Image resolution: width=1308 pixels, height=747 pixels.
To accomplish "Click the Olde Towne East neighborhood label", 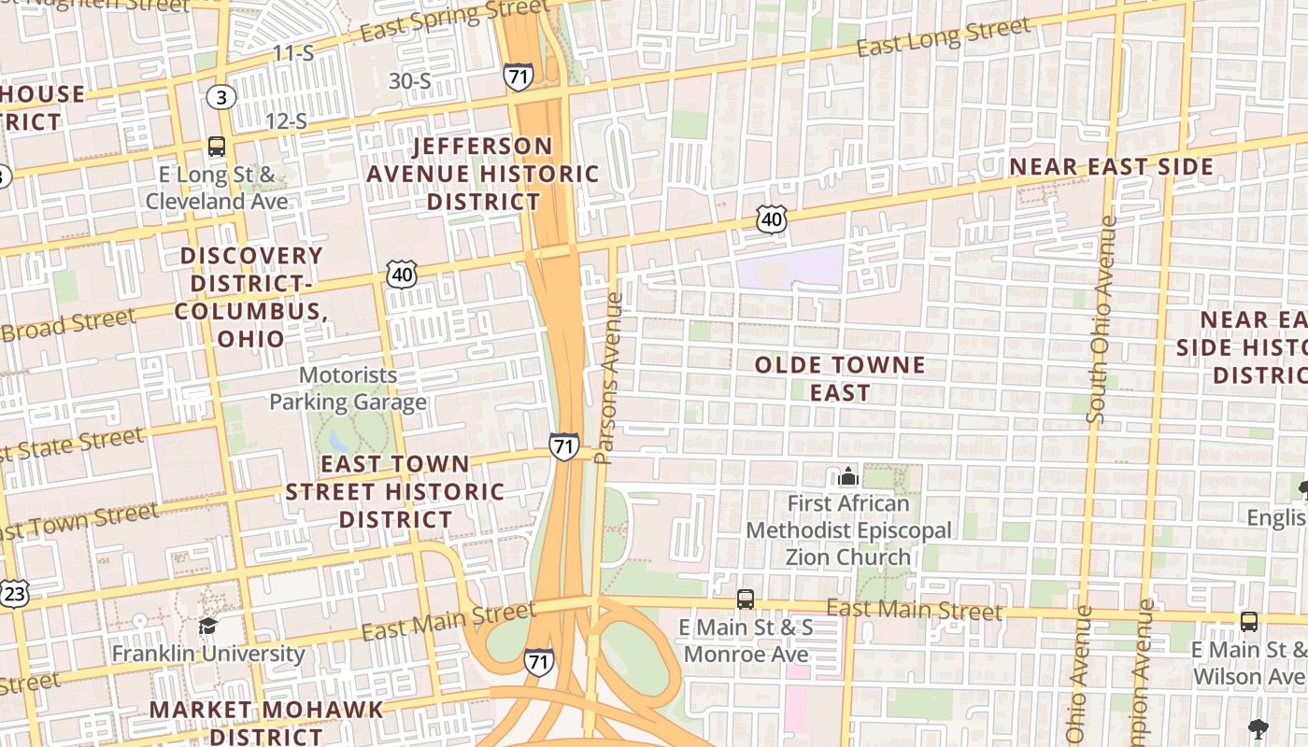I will pyautogui.click(x=839, y=378).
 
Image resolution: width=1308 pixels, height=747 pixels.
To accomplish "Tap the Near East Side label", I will pyautogui.click(x=1111, y=167).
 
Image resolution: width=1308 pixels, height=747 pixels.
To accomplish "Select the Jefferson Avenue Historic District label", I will pyautogui.click(x=482, y=174).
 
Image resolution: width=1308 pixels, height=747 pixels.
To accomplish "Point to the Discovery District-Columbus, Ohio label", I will pyautogui.click(x=251, y=296).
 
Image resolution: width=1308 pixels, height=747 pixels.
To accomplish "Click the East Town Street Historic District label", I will pyautogui.click(x=395, y=491).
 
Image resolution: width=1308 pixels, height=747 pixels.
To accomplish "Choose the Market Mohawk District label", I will pyautogui.click(x=266, y=721).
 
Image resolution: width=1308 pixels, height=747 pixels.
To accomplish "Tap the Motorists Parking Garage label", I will pyautogui.click(x=348, y=388).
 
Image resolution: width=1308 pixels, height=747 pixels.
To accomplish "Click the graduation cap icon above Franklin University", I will pyautogui.click(x=207, y=626).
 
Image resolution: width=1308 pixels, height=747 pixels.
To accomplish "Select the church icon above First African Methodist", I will pyautogui.click(x=848, y=477).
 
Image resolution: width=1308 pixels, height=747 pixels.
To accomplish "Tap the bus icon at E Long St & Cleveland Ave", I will pyautogui.click(x=217, y=147).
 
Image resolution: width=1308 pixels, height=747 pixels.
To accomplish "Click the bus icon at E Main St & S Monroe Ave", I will pyautogui.click(x=746, y=599).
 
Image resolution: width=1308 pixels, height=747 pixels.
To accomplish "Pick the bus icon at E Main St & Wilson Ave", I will pyautogui.click(x=1249, y=621).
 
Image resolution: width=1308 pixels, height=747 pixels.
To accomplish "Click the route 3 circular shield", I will pyautogui.click(x=221, y=97).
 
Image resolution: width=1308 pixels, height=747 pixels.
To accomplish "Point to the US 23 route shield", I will pyautogui.click(x=14, y=594).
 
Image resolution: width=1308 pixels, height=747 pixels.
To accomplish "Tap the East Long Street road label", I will pyautogui.click(x=944, y=37).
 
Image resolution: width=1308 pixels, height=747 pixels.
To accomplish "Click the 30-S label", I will pyautogui.click(x=409, y=81).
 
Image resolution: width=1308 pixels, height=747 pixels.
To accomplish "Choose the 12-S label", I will pyautogui.click(x=286, y=120).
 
